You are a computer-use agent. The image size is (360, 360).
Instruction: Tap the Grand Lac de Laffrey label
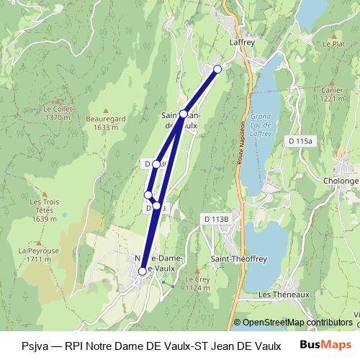[x=260, y=127]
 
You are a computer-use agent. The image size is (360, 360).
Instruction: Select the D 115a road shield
[x=298, y=140]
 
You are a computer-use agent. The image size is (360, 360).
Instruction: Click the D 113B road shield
[x=215, y=218]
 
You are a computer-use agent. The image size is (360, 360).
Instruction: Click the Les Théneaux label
[x=284, y=294]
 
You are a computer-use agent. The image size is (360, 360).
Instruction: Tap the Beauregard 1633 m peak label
[x=105, y=122]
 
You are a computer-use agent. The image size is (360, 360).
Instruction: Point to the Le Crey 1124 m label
[x=197, y=283]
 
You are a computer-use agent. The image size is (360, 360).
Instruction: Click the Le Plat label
[x=334, y=44]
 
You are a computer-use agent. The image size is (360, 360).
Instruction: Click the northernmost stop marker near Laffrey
[x=218, y=69]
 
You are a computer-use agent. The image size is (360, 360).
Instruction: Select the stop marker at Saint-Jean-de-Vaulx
[x=184, y=114]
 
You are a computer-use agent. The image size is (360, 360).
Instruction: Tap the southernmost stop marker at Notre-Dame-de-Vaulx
[x=143, y=271]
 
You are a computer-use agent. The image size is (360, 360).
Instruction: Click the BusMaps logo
[x=325, y=344]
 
